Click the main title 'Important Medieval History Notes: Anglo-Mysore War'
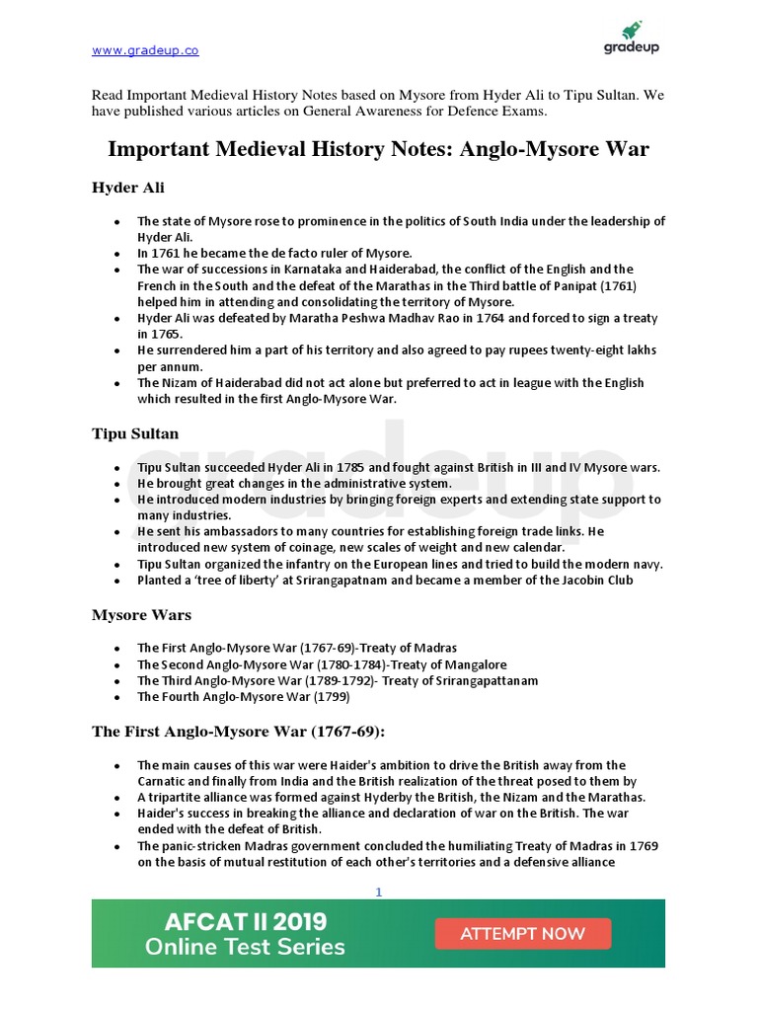[x=378, y=149]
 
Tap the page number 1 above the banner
[x=378, y=893]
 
